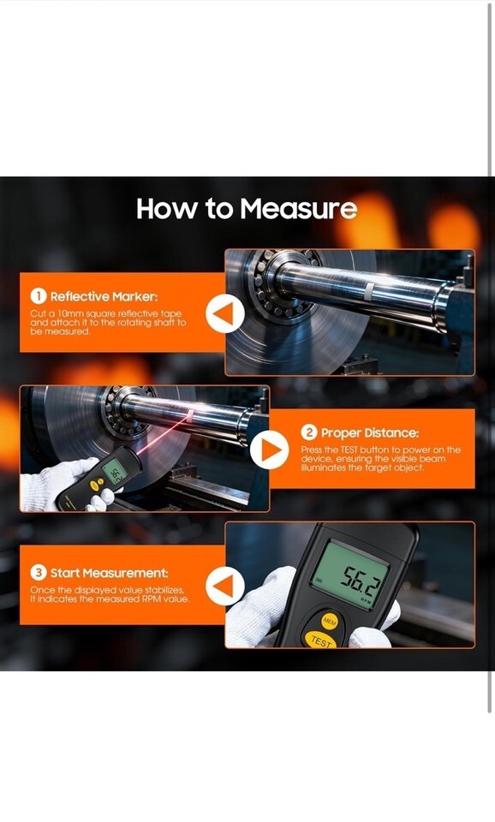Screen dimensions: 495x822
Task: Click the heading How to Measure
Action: point(247,209)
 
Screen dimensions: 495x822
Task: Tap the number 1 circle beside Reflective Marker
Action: point(39,296)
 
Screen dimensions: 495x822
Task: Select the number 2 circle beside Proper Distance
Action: point(309,432)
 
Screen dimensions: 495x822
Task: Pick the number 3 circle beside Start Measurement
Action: point(39,573)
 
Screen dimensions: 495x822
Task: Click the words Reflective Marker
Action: point(104,297)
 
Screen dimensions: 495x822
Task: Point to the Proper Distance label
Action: point(370,433)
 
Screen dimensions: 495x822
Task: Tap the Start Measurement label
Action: point(110,573)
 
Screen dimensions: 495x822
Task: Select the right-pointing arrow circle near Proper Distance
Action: point(269,450)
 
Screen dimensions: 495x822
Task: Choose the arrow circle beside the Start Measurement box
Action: point(225,586)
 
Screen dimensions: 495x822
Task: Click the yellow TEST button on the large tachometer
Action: point(320,640)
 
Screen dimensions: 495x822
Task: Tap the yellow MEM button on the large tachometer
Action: point(329,622)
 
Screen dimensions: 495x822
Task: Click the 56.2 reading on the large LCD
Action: point(359,581)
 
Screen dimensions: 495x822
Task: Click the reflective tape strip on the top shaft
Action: point(370,291)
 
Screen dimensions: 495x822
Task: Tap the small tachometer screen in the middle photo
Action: point(112,474)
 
